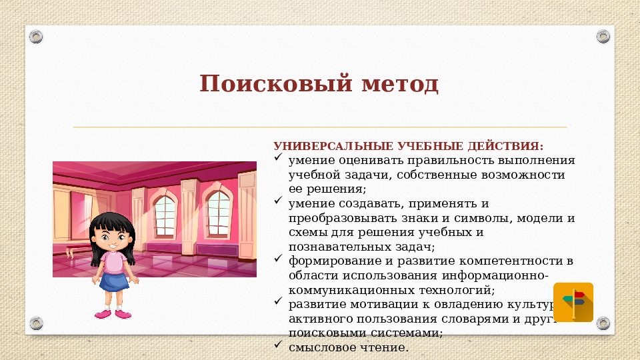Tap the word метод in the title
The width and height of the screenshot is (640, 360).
coord(400,85)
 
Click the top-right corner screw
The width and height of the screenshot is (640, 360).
coord(603,36)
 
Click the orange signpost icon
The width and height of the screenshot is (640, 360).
coord(573,302)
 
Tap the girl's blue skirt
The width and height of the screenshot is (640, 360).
coord(113,281)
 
